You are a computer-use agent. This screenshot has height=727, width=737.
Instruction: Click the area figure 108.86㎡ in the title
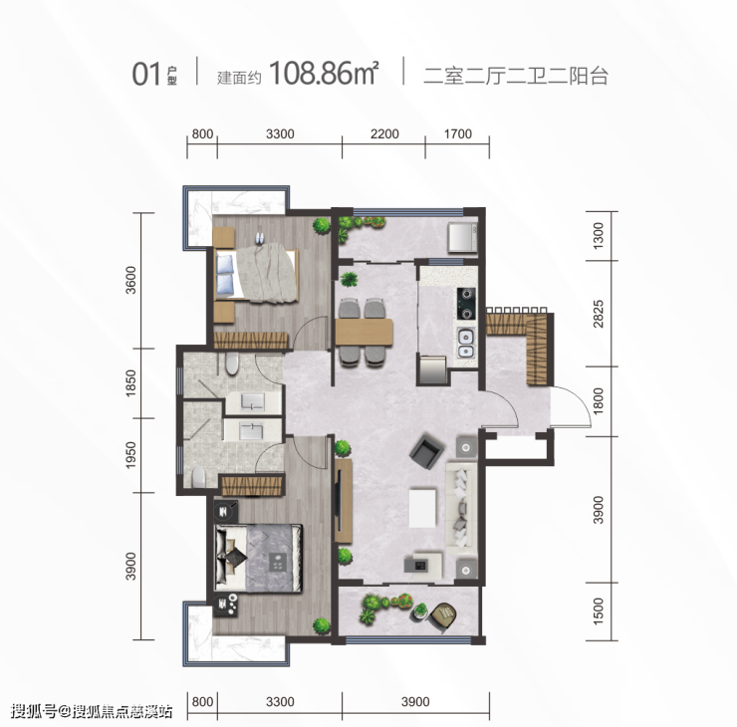324,74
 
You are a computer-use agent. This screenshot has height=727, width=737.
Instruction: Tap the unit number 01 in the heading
146,75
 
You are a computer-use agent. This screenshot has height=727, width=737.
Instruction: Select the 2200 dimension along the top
384,133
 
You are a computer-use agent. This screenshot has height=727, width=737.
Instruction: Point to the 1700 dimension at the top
458,133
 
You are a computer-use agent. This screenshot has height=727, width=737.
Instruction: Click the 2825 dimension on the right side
598,314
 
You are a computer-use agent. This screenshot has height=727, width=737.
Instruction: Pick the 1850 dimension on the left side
130,383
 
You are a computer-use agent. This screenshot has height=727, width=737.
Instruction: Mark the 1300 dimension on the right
598,236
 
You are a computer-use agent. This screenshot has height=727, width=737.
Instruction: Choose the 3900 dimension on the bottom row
415,702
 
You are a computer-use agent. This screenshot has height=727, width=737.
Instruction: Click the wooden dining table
364,333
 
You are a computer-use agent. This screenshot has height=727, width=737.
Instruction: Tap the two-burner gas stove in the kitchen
466,304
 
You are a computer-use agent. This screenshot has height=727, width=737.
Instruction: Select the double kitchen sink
466,344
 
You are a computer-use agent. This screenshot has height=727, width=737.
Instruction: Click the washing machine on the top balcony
462,237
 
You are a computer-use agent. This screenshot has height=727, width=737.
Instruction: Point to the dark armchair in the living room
427,450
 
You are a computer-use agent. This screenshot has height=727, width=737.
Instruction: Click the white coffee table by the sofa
422,508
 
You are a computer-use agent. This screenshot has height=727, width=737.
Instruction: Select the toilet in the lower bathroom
199,477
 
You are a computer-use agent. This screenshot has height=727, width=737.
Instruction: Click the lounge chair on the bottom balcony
444,614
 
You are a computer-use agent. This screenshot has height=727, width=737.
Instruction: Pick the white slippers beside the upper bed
259,238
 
